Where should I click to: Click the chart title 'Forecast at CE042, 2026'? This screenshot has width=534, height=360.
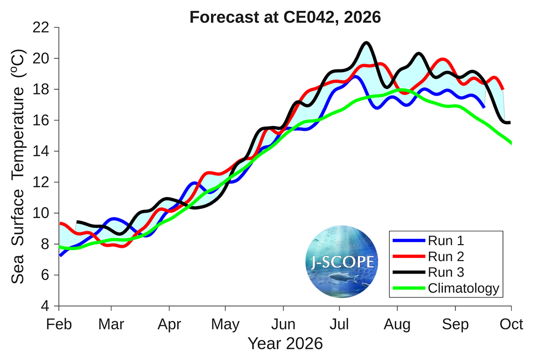click(x=285, y=17)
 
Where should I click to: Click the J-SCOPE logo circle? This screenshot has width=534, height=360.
click(x=342, y=261)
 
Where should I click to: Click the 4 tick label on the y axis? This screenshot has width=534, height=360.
click(x=47, y=307)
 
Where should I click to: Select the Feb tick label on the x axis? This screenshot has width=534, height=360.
click(x=59, y=324)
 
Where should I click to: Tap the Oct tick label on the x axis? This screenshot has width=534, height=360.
click(x=512, y=324)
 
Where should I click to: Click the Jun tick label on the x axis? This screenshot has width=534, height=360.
click(x=283, y=324)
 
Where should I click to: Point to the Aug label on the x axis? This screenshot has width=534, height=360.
click(x=397, y=324)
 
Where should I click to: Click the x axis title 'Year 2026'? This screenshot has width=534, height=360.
click(x=285, y=343)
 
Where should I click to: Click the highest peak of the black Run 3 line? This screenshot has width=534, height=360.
click(x=366, y=43)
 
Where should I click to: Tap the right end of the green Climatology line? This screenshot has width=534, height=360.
click(x=511, y=143)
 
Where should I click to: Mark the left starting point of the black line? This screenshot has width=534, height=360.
click(x=78, y=221)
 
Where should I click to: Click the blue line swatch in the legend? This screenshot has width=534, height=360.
click(x=409, y=240)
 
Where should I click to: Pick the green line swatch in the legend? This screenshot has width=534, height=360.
click(x=409, y=288)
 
